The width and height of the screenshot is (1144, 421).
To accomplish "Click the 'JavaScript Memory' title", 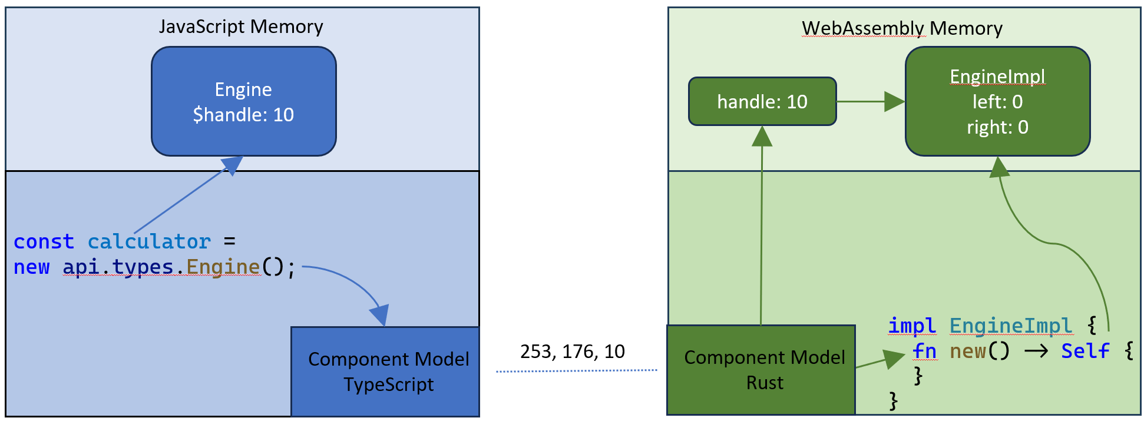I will point(241,26).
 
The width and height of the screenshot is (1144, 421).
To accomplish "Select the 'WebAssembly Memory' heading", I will point(902,28).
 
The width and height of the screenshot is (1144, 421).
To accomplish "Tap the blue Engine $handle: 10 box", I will point(243,101).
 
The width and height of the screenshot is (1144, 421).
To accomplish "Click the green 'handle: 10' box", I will point(762,102).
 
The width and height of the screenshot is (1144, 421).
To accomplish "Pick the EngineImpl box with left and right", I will point(997,101).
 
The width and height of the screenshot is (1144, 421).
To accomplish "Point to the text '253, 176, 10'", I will point(572,352).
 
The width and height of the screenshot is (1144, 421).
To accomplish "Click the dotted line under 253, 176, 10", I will point(576,371).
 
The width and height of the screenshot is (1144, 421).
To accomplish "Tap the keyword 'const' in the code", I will point(44,242).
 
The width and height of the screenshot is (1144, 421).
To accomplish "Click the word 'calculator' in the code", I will point(149,242).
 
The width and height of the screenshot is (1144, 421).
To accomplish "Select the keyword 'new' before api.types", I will point(31,267).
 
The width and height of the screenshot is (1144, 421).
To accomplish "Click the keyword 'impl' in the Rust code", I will point(911,326).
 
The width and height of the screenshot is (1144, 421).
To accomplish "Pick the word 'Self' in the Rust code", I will point(1085,351).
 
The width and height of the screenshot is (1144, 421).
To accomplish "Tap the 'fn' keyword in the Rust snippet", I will point(924,351).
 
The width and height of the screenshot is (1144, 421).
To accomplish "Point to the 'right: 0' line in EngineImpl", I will point(997,127).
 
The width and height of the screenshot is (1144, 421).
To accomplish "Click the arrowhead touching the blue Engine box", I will point(233,165).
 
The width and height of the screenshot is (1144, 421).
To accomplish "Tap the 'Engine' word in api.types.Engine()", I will point(223,267).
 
